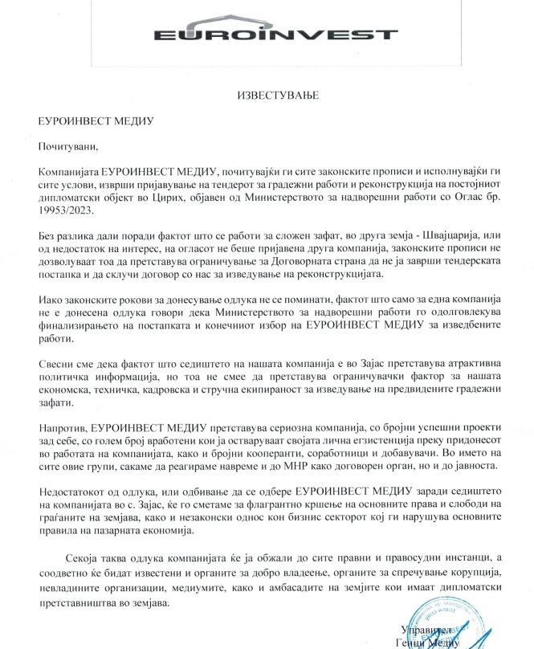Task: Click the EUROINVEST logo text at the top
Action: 266,35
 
